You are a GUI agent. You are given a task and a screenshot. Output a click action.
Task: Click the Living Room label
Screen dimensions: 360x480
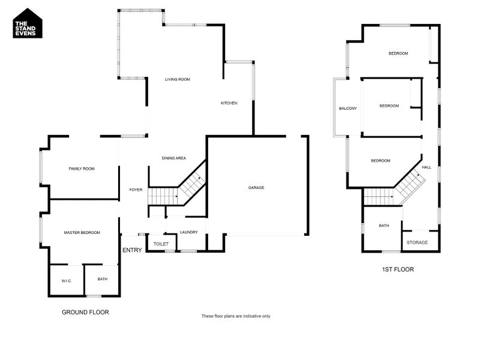point(178,79)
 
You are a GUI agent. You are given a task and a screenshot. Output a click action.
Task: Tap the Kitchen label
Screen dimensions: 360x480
point(229,103)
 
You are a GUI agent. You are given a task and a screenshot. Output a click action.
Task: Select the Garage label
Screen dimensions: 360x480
point(256,188)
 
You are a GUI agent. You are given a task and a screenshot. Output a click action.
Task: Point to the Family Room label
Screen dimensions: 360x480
point(82,169)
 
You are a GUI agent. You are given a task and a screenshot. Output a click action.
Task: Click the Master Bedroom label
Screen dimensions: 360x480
point(82,232)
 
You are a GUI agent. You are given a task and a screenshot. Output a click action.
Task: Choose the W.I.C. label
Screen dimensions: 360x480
point(66,281)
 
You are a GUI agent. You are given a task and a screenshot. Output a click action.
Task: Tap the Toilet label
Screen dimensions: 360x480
point(161,244)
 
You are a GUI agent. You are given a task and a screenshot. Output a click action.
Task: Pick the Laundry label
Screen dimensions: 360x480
point(189,232)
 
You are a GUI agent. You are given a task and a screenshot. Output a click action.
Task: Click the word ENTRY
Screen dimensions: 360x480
point(132,250)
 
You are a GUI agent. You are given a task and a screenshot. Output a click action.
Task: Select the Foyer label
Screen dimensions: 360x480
point(136,190)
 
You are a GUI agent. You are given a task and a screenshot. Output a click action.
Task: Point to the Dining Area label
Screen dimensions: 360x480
point(174,158)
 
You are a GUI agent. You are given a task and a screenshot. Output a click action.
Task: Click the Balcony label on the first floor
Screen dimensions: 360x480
point(348,109)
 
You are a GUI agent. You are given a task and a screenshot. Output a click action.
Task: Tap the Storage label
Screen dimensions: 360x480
point(417,242)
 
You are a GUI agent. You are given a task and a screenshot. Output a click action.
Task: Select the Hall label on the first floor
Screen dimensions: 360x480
point(427,167)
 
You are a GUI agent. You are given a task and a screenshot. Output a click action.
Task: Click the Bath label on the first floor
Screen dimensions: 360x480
point(384,226)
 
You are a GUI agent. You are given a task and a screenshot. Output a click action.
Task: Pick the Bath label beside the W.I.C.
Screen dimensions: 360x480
point(103,279)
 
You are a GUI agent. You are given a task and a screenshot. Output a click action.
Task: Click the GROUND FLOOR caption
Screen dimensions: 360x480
point(86,312)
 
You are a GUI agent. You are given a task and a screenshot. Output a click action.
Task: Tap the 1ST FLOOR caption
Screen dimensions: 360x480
point(398,269)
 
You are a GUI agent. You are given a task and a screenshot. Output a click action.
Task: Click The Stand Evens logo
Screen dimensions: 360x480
point(28,23)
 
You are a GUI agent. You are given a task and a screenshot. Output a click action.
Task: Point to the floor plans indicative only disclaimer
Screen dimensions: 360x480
point(236,316)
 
